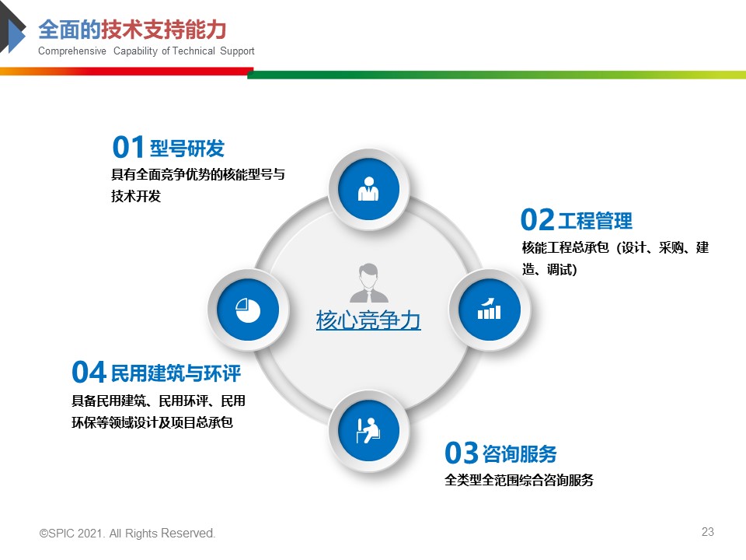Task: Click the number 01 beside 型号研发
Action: tap(128, 147)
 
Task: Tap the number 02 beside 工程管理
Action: tap(538, 219)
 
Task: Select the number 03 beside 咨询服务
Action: tap(462, 453)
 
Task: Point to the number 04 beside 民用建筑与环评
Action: tap(89, 372)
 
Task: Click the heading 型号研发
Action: tap(187, 149)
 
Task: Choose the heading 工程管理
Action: tap(595, 221)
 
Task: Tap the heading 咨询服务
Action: tap(520, 453)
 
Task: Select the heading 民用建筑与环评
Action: tap(176, 373)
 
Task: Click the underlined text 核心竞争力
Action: tap(368, 320)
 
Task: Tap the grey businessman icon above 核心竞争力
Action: tap(368, 283)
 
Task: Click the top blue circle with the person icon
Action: tap(368, 189)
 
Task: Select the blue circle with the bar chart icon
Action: tap(490, 310)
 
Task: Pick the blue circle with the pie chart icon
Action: tap(248, 310)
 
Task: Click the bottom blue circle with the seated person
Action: tap(368, 430)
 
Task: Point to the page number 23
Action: tap(708, 532)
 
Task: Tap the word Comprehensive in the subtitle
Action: tap(72, 51)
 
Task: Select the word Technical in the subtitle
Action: tap(193, 51)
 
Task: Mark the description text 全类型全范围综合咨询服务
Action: tap(519, 480)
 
